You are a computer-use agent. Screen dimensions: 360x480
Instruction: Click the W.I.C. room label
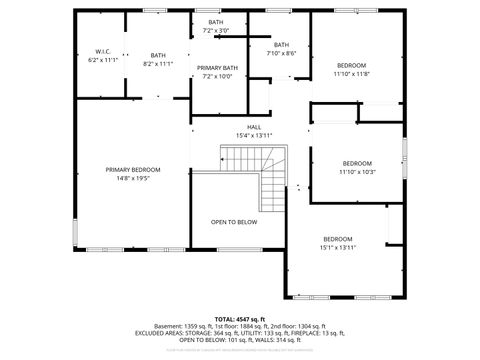[103, 51]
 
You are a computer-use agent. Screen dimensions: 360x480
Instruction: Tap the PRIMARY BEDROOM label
[132, 170]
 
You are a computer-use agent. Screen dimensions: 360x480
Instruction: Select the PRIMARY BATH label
[216, 67]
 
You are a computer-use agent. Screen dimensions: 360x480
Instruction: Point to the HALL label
[254, 127]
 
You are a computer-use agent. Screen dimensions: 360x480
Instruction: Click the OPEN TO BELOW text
[233, 222]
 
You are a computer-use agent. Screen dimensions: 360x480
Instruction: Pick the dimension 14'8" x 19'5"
[132, 179]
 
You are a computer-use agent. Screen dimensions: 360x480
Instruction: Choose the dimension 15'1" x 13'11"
[337, 247]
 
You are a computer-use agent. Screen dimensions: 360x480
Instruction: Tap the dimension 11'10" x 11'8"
[351, 73]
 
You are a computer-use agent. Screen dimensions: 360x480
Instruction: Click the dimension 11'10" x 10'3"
[357, 172]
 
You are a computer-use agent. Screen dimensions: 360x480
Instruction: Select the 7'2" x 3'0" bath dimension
[216, 31]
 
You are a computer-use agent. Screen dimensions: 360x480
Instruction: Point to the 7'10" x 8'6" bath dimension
[281, 53]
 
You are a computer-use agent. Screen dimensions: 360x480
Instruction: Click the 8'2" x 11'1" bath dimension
[158, 64]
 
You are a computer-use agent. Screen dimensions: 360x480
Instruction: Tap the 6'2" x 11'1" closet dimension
[103, 60]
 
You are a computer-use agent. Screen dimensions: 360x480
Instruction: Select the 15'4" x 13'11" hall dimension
[254, 135]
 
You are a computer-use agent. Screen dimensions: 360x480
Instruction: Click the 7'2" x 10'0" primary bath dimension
[216, 76]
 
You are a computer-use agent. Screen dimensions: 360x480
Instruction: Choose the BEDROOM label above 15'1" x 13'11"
[337, 238]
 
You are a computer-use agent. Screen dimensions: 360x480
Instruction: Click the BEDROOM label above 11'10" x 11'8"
[351, 64]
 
